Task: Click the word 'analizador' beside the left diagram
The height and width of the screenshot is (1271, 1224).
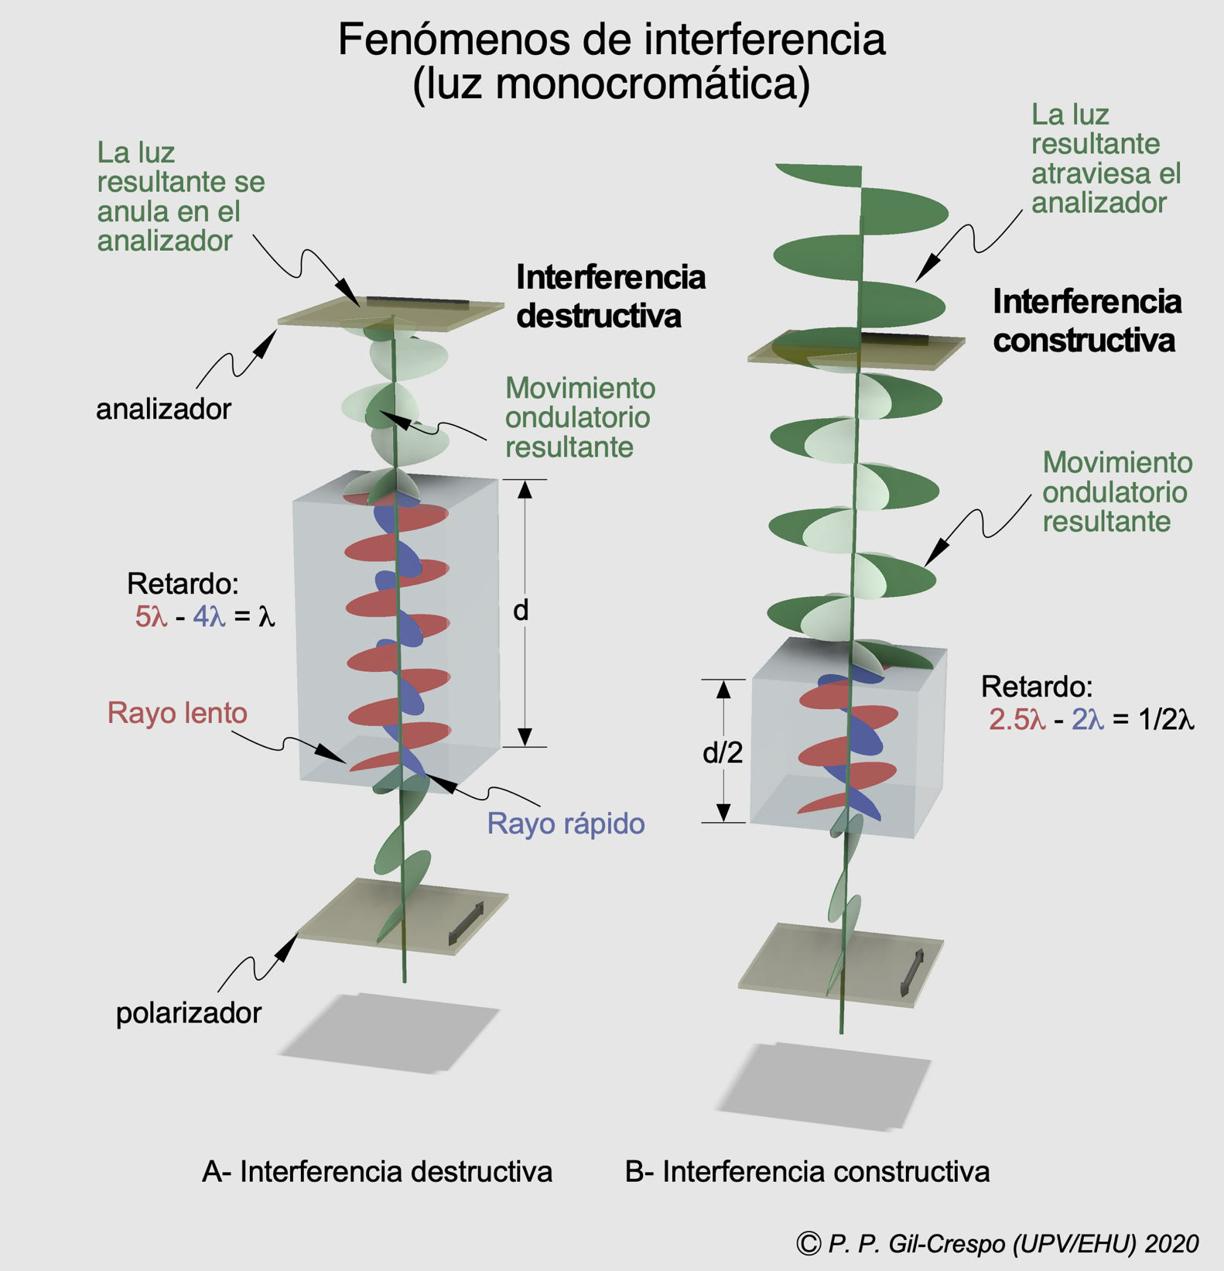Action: pos(163,409)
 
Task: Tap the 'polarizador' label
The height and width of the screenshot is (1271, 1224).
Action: pos(189,1012)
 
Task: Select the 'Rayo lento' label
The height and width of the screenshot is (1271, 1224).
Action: pos(177,713)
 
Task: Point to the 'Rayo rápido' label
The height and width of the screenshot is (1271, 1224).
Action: pos(566,824)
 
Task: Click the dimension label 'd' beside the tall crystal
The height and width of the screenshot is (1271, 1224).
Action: pos(521,611)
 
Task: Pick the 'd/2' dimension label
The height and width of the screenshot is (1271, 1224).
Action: pos(722,752)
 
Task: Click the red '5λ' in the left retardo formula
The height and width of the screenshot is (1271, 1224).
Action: pos(151,617)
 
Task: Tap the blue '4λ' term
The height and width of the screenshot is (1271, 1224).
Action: pos(209,617)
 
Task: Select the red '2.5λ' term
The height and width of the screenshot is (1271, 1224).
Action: pos(1017,720)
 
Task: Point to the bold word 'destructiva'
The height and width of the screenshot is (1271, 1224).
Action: pos(599,316)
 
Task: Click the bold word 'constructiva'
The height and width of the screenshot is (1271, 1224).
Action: pos(1084,341)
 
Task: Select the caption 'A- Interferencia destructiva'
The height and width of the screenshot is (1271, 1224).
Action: pos(377,1172)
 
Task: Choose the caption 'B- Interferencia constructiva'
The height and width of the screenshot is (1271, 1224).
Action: pos(807,1172)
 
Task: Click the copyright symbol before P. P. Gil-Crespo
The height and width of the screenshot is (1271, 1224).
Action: pos(809,1243)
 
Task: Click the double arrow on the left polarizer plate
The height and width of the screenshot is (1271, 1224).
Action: pos(466,923)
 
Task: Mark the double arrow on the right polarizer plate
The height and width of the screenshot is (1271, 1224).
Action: pos(912,972)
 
